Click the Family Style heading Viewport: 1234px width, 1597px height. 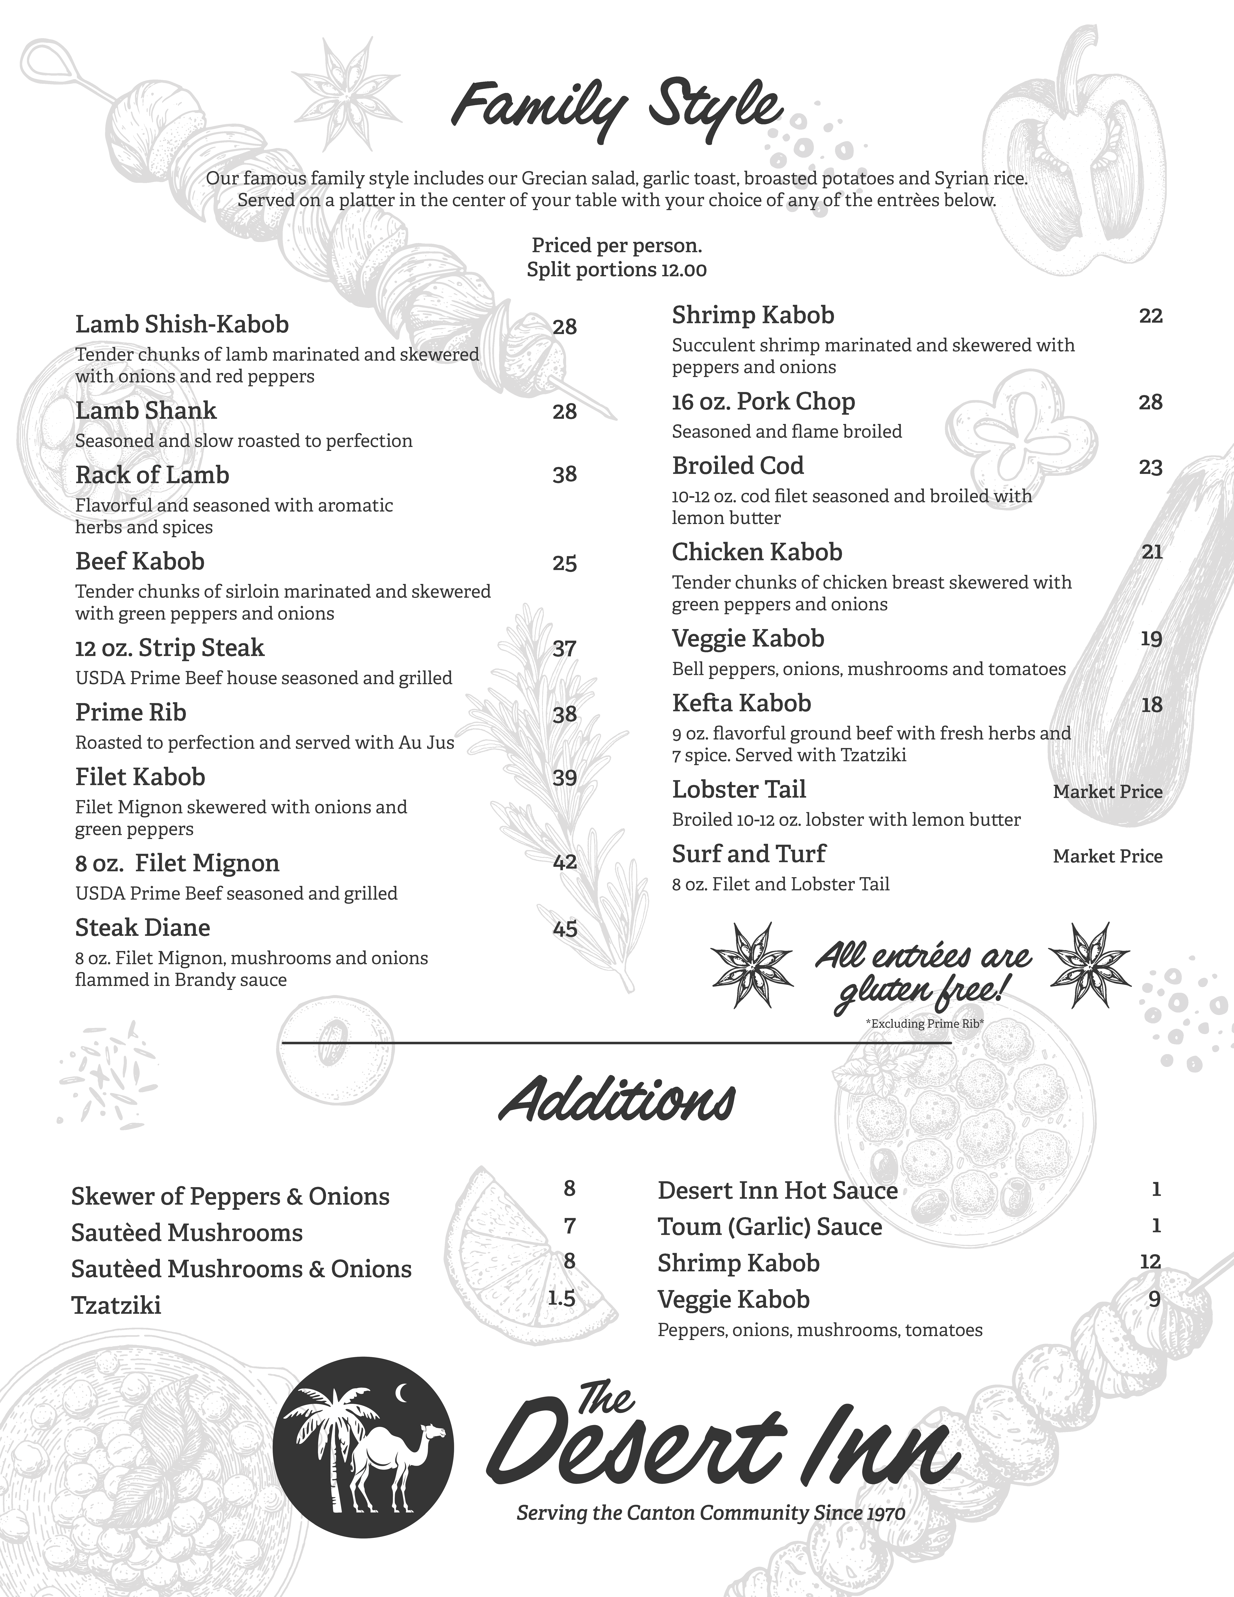coord(616,110)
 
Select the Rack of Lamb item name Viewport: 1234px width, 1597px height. coord(152,475)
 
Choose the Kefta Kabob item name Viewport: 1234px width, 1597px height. coord(741,703)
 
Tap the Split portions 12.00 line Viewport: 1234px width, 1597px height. coord(616,271)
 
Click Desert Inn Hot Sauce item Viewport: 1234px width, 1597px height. coord(777,1191)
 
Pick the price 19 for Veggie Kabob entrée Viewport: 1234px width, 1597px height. coord(1151,639)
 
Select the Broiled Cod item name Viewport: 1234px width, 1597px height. coord(738,466)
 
